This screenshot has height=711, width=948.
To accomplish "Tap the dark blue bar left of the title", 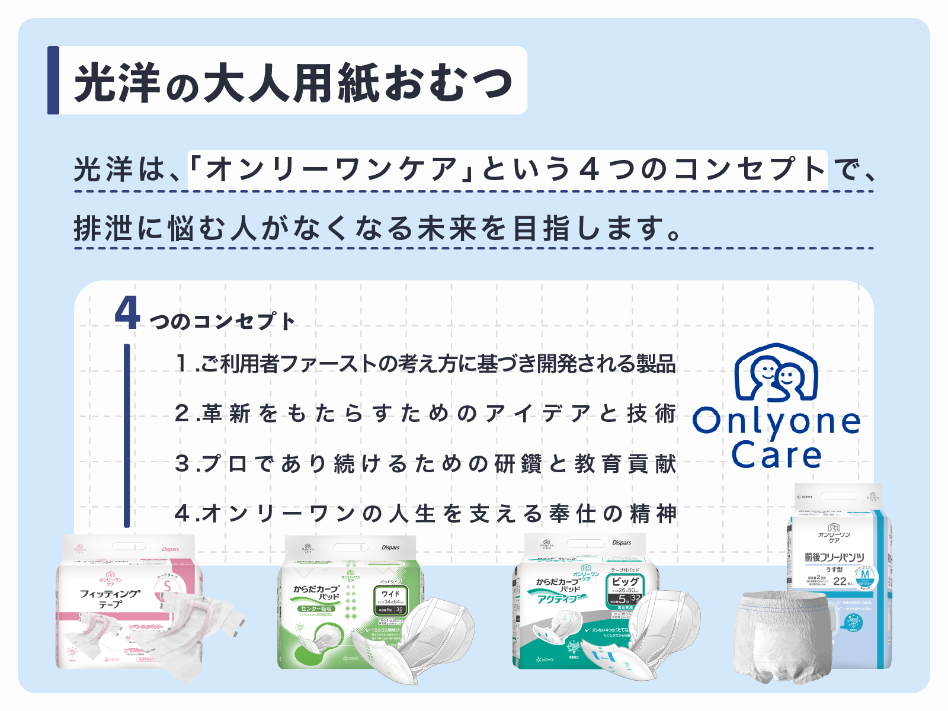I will coord(53,80).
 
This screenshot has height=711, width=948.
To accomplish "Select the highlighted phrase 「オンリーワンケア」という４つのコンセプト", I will coord(507,169).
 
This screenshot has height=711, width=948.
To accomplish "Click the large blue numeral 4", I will coord(127,314).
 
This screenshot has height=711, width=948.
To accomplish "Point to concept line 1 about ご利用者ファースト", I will coord(425,363).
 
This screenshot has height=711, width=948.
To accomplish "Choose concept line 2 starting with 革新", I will coord(425,413).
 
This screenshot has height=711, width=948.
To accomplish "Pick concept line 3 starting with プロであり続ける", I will coord(425,463).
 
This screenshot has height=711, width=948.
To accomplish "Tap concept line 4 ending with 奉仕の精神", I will coord(425,513).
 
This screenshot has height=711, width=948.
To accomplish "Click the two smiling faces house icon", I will coord(776,373).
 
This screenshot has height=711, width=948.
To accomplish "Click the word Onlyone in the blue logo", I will coord(776,421).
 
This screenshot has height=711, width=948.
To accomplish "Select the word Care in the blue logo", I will coord(776,455).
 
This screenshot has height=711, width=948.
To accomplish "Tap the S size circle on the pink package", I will coord(168,587).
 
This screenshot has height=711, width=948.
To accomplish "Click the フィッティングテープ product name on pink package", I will coord(110,598).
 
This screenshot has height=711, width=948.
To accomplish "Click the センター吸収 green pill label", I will coord(317,608).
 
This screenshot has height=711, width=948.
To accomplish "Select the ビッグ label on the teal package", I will coord(625,581).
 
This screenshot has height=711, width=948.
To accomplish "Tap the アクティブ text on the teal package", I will coord(557,599).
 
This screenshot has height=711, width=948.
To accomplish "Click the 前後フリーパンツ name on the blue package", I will coord(834,557).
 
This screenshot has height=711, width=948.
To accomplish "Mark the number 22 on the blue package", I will coord(840,581).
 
